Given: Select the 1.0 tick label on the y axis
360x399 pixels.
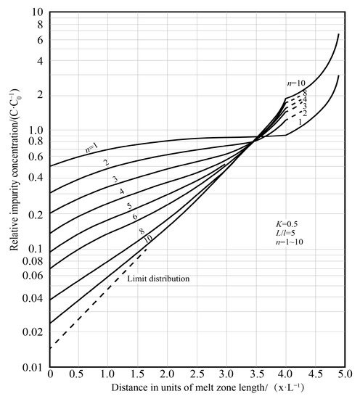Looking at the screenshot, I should (x=36, y=131).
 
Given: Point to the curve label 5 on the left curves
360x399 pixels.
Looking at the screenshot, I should (x=130, y=206).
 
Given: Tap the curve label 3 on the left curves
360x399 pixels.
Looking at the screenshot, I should (x=115, y=179).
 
